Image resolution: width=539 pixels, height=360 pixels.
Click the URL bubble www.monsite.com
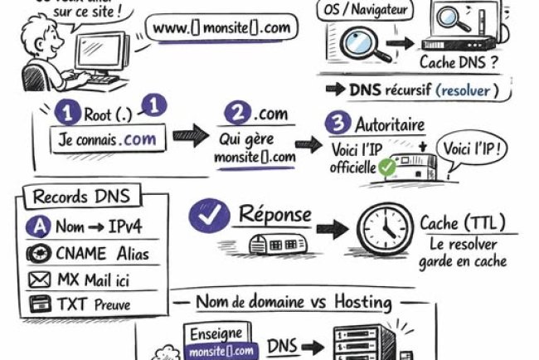click(x=222, y=28)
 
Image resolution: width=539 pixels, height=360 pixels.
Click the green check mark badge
click(x=386, y=167)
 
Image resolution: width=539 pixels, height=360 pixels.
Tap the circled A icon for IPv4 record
click(x=38, y=226)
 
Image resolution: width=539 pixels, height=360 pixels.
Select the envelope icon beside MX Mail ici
click(x=39, y=280)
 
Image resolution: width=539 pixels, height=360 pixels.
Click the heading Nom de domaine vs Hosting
click(x=294, y=302)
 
